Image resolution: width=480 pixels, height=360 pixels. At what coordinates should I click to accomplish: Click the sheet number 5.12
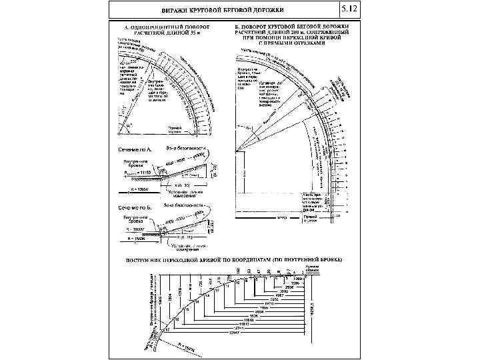(x=349, y=9)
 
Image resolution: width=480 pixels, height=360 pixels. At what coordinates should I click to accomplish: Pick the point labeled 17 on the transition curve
(x=167, y=329)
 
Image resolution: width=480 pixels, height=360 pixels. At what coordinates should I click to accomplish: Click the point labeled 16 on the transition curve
(x=176, y=319)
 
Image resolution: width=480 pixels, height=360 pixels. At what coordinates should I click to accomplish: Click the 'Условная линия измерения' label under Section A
(x=189, y=193)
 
